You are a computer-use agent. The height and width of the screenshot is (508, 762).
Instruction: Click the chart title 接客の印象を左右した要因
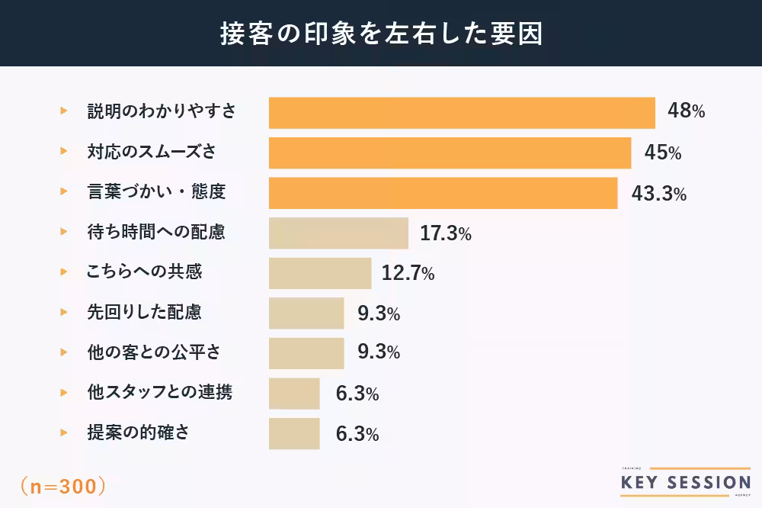click(x=381, y=34)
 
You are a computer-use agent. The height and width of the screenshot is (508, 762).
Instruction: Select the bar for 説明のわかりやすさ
click(x=462, y=112)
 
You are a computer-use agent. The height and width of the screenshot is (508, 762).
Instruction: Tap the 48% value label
click(x=686, y=111)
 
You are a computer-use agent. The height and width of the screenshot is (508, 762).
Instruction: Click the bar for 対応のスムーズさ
click(x=450, y=153)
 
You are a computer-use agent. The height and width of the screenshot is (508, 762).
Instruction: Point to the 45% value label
click(x=662, y=153)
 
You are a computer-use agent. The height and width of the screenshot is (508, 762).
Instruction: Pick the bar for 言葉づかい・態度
click(x=443, y=193)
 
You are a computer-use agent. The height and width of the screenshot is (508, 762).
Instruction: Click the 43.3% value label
click(x=659, y=194)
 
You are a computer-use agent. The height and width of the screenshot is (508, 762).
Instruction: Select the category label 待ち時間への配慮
click(x=156, y=232)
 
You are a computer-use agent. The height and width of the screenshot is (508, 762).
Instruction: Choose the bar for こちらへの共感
click(x=320, y=273)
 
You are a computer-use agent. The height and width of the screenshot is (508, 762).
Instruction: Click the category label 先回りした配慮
click(x=145, y=312)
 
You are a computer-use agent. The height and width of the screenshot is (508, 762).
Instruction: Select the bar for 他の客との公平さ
click(x=306, y=353)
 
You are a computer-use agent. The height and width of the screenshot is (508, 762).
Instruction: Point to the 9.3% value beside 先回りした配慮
click(x=379, y=313)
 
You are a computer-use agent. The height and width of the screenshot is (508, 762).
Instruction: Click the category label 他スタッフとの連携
click(x=160, y=393)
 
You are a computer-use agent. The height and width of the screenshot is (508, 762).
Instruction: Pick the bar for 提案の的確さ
click(x=294, y=433)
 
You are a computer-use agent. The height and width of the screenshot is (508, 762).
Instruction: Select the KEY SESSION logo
click(x=686, y=482)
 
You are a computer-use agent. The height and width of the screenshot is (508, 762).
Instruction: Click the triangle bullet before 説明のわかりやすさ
click(x=64, y=111)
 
